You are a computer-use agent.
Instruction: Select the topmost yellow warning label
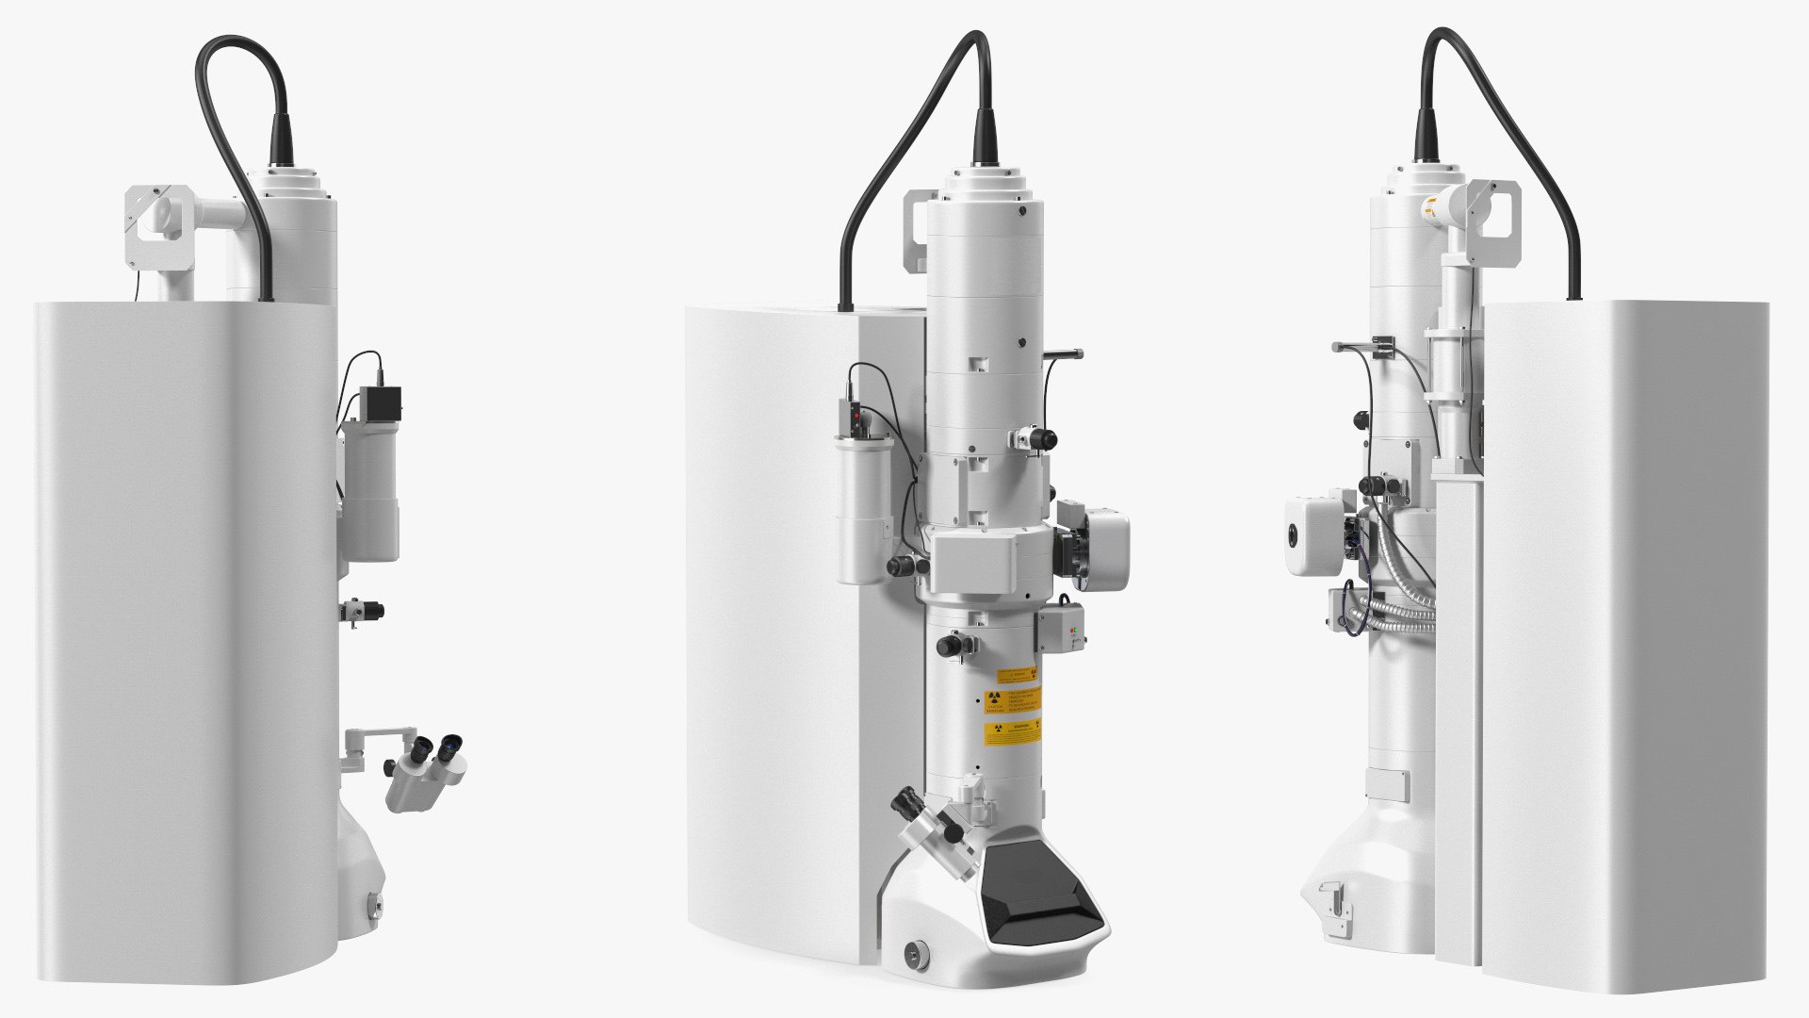point(1018,675)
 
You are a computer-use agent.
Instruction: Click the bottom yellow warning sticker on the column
point(1014,732)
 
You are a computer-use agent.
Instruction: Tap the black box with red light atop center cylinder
point(854,416)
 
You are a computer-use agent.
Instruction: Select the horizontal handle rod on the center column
point(1061,354)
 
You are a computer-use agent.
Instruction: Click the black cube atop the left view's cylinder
point(384,402)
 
